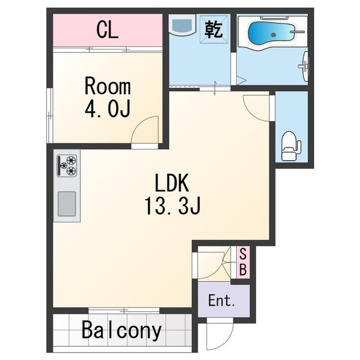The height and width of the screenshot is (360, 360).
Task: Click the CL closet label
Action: coord(107,30)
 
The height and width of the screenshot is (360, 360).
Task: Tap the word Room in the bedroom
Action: coord(107,87)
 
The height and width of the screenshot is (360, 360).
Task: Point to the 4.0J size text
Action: coord(107,109)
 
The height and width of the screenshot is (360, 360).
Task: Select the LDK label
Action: coord(172,183)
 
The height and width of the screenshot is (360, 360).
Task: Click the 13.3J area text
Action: coord(173,206)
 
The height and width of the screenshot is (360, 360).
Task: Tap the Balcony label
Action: coord(121,331)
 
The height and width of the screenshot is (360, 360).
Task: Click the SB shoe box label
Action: coord(243,262)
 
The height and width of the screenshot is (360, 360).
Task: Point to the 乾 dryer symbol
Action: coord(214,29)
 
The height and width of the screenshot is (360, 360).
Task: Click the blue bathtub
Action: coord(271,34)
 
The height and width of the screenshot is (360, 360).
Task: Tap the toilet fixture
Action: coord(291,146)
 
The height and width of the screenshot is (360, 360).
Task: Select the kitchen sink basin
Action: coord(66,204)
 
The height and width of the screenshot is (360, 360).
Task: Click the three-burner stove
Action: coord(67,165)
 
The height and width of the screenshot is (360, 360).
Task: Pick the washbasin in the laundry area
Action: coord(182,25)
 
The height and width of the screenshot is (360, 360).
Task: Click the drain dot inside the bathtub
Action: coord(273,35)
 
